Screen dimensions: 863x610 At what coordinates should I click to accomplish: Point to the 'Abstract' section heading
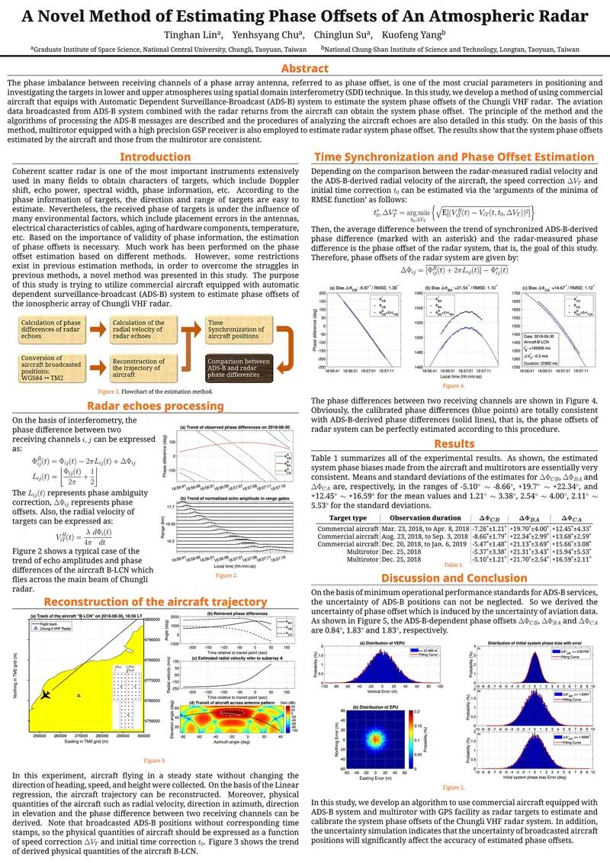(305, 69)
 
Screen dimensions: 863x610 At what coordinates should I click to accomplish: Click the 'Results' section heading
(454, 443)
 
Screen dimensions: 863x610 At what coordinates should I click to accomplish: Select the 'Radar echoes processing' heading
(155, 406)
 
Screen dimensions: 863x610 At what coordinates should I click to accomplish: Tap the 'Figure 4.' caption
(454, 387)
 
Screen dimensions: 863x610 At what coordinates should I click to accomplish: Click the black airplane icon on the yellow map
(46, 694)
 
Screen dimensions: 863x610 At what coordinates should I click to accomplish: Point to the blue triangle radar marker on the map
(79, 696)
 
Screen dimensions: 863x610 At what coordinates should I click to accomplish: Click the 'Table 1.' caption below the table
(454, 565)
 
